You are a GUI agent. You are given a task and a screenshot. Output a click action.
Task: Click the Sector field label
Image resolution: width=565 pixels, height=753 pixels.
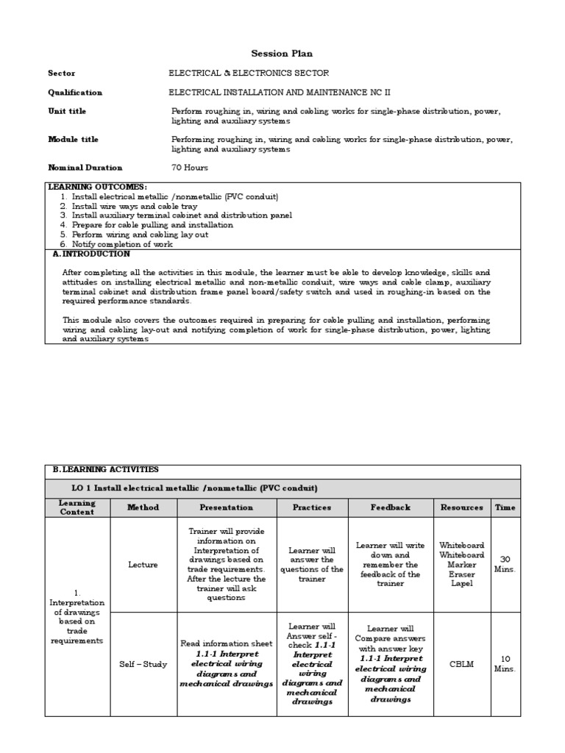[x=62, y=74]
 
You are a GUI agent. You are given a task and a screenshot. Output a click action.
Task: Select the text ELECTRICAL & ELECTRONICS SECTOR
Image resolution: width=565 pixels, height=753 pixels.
[x=249, y=74]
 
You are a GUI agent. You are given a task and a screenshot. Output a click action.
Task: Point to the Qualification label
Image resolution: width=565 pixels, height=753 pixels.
[x=75, y=93]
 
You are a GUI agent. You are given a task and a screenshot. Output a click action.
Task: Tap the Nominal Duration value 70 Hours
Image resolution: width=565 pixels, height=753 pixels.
[x=190, y=168]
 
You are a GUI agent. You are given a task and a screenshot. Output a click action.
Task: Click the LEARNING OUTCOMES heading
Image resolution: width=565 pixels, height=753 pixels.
[x=98, y=188]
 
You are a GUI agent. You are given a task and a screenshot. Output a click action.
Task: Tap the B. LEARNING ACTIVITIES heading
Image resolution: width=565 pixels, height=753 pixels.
[x=105, y=469]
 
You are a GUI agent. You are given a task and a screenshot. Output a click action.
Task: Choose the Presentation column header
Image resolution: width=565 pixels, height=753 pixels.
[x=227, y=507]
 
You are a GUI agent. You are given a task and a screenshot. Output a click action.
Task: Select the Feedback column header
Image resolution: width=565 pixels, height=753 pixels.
[x=391, y=507]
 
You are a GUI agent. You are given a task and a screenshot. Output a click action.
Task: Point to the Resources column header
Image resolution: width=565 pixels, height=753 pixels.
[x=461, y=507]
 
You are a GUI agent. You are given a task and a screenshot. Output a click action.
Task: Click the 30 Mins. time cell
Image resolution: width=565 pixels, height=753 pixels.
[x=505, y=564]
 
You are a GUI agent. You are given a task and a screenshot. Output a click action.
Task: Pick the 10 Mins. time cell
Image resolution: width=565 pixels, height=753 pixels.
[x=505, y=664]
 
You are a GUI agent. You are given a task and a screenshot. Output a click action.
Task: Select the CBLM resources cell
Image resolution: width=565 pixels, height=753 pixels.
[x=461, y=664]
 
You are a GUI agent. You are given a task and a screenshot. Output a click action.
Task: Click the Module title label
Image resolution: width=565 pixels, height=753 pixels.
[x=73, y=140]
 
